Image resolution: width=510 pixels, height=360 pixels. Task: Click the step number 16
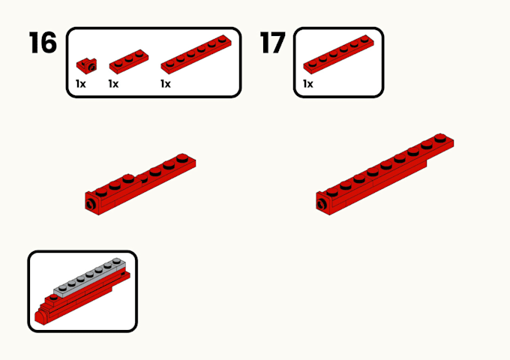pos(43,43)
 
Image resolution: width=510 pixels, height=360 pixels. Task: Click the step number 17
pos(273,43)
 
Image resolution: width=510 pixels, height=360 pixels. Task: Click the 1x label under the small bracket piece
pos(81,84)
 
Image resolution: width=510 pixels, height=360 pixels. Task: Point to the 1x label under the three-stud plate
pos(114,84)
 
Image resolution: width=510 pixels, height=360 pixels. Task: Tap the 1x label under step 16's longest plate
pos(166,84)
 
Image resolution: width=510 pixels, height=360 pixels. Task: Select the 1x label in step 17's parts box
pos(308,84)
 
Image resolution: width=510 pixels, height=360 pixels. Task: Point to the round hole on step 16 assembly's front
pos(91,202)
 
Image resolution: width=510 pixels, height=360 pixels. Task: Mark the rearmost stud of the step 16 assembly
pos(182,157)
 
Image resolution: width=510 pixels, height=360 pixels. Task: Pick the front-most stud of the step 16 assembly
pos(101,192)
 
